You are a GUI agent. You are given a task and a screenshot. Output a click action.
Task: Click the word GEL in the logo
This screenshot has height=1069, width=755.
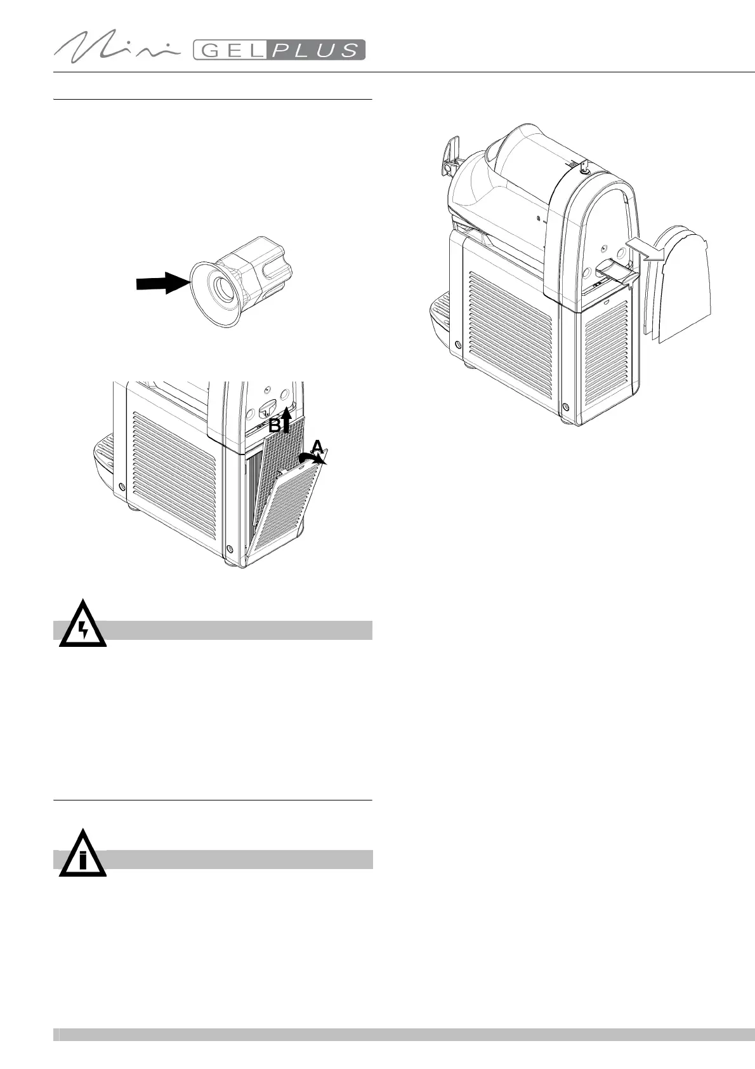point(231,50)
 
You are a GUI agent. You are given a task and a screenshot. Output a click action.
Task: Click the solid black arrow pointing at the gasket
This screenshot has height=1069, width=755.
point(162,283)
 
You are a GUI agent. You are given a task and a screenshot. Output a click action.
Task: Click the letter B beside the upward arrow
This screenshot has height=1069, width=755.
point(274,426)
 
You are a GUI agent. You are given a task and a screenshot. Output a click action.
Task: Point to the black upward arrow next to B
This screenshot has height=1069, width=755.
point(286,419)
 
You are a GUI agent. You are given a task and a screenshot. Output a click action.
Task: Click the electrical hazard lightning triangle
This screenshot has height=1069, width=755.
point(82,625)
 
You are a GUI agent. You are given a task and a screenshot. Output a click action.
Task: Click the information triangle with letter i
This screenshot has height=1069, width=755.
point(82,856)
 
